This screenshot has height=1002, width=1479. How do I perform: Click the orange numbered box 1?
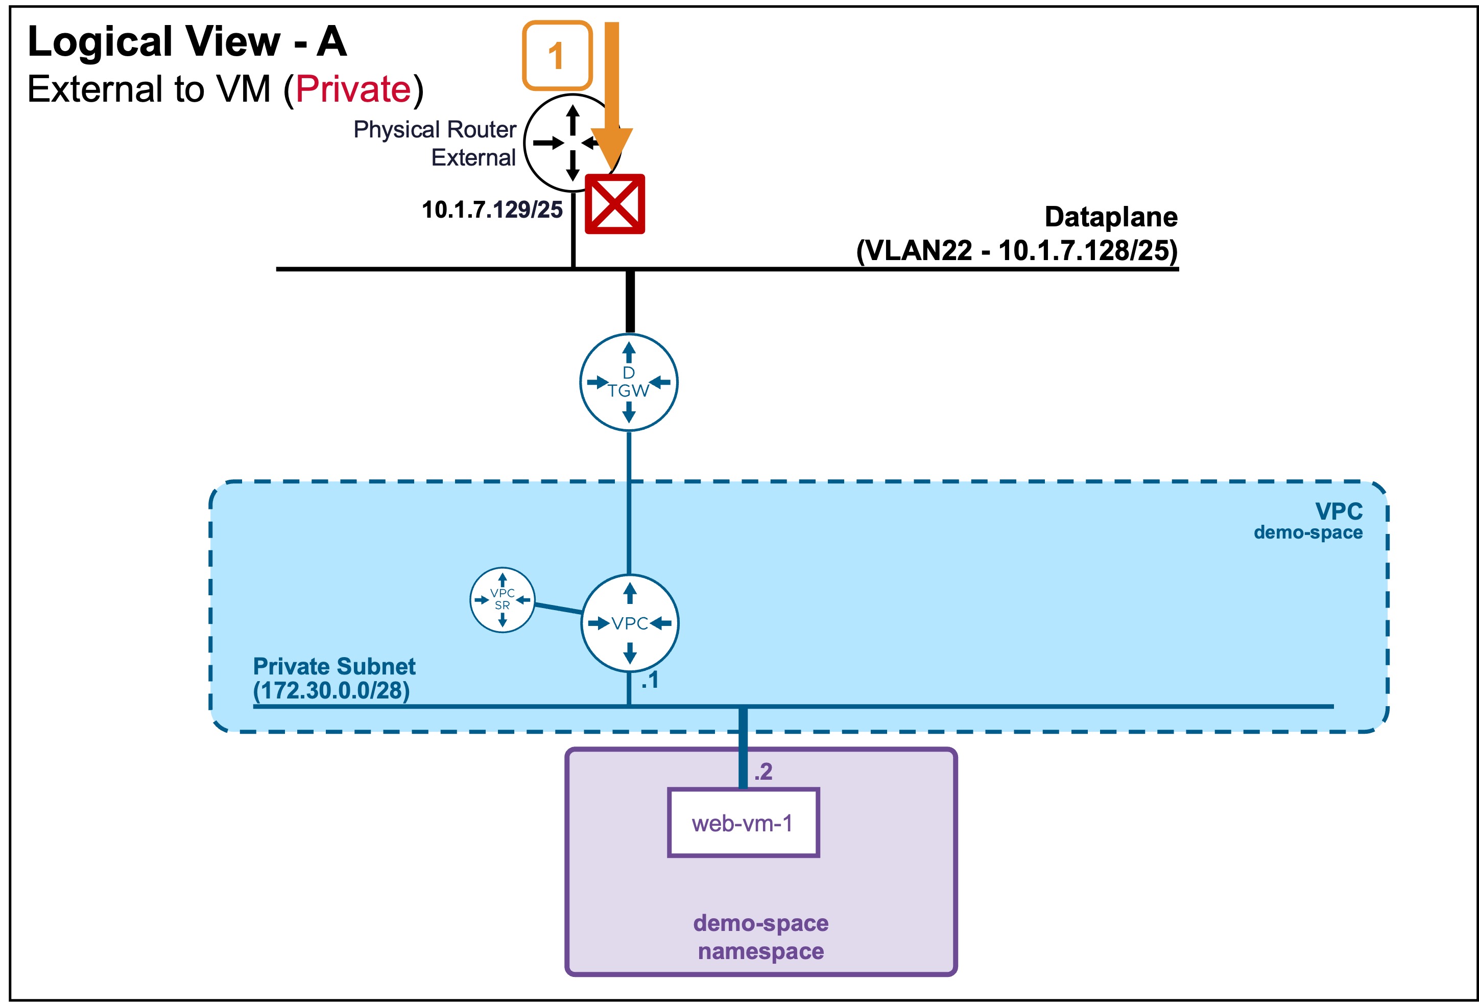point(557,55)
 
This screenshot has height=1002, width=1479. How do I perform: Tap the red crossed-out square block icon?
point(615,204)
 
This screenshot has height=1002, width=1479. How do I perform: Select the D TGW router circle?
point(629,382)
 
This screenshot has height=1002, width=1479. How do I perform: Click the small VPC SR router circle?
point(502,600)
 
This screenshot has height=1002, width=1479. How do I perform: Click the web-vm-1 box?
point(743,823)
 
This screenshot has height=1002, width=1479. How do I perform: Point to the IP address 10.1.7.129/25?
point(492,209)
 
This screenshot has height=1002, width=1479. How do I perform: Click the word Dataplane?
point(1110,217)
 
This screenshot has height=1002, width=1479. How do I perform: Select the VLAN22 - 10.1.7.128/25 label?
point(1017,250)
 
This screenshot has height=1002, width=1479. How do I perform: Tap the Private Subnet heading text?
point(334,666)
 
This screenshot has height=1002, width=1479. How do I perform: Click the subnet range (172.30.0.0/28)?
point(331,690)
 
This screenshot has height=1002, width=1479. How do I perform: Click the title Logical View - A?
point(187,41)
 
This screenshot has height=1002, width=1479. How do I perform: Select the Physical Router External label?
point(435,143)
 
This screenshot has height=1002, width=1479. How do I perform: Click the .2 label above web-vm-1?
point(763,772)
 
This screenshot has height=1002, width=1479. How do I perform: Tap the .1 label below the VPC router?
point(650,681)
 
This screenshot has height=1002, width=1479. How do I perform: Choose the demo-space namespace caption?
point(761,937)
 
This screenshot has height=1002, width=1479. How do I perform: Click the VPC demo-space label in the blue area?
point(1308,521)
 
